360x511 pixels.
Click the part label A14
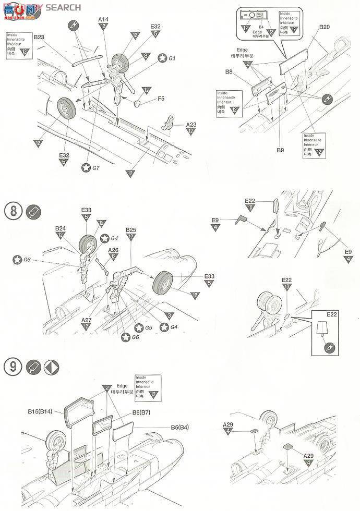coord(103,19)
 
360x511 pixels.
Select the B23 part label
coord(39,37)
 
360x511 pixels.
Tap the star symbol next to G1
coord(162,58)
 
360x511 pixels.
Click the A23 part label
coord(191,125)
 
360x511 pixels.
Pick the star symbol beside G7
coord(87,167)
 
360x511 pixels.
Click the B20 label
coord(324,27)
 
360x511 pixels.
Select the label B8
coord(229,71)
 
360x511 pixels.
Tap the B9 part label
coord(280,150)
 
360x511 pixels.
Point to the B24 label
coord(60,228)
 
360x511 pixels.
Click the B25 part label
coord(131,230)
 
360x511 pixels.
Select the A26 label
coord(113,250)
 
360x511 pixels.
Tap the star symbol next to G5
coord(139,327)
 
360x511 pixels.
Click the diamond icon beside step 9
coord(51,367)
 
